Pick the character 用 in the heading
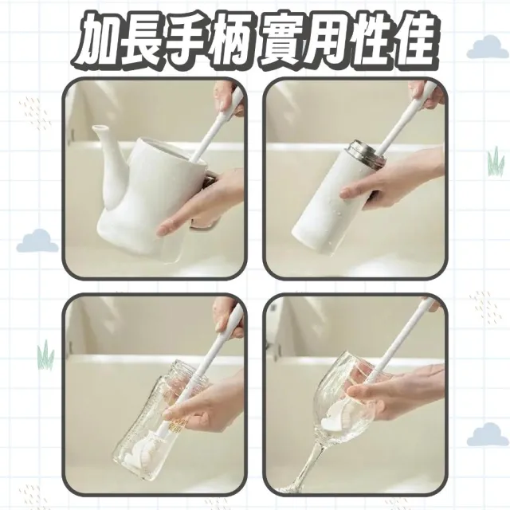[x=325, y=40]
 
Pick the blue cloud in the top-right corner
[x=488, y=48]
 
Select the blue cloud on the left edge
[x=37, y=241]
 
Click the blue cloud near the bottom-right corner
[x=488, y=434]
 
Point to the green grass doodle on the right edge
[x=496, y=161]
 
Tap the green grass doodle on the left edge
[x=46, y=355]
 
